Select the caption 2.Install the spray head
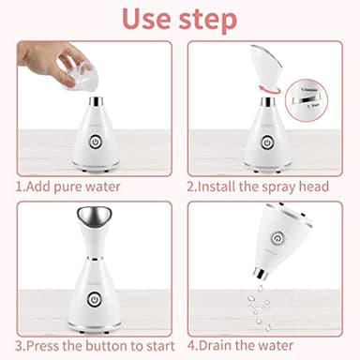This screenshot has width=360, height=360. pos(258,186)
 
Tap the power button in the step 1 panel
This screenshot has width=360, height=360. pos(95,143)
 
